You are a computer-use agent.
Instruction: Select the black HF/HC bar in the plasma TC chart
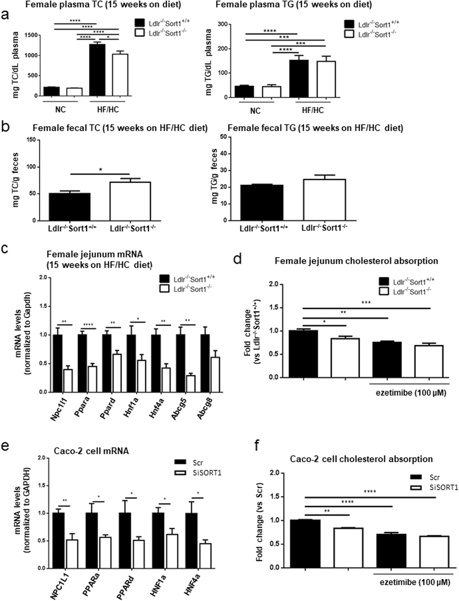tap(97, 70)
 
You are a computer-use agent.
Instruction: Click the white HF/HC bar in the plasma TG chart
tap(326, 80)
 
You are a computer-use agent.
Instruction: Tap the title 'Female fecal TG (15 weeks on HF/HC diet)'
tap(315, 128)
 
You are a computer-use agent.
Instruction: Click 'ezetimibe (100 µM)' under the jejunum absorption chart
tap(411, 393)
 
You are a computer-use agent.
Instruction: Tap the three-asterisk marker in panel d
tap(366, 303)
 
